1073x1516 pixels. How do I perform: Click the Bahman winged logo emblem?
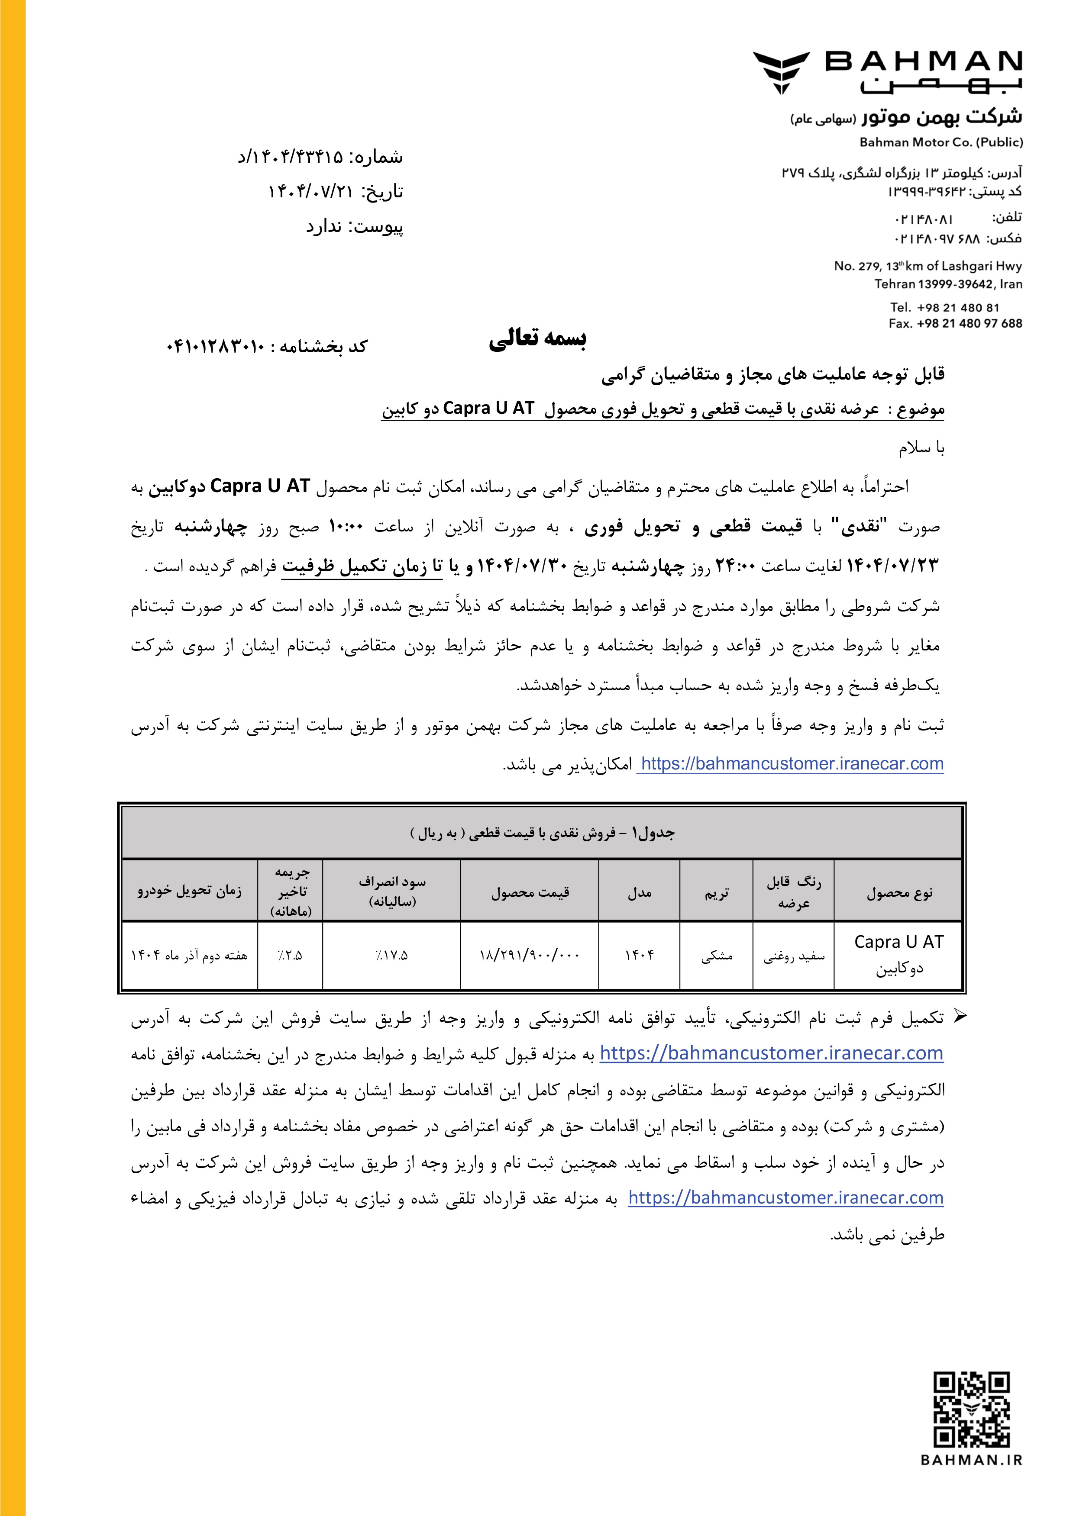click(781, 72)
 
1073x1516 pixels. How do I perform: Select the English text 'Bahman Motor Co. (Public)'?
click(941, 142)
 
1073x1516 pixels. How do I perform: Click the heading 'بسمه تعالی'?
click(537, 339)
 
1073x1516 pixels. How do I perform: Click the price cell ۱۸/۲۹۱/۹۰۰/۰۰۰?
click(529, 955)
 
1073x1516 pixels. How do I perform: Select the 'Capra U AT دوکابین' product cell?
click(898, 955)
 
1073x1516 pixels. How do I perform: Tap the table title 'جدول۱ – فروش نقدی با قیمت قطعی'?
click(542, 833)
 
